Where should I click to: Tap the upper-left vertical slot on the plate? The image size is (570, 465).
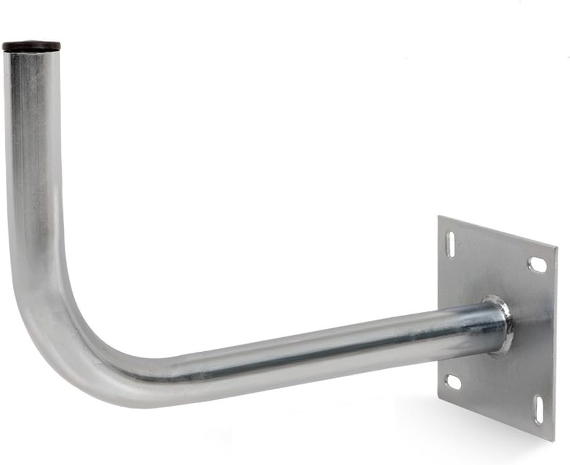450,244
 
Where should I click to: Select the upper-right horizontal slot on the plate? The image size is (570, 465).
537,265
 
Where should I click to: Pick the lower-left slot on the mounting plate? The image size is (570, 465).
454,382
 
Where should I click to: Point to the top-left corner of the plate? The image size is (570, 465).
439,217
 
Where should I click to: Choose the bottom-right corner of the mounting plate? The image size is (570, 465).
553,440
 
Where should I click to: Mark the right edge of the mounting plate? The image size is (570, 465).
555,347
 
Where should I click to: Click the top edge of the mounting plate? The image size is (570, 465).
497,232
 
